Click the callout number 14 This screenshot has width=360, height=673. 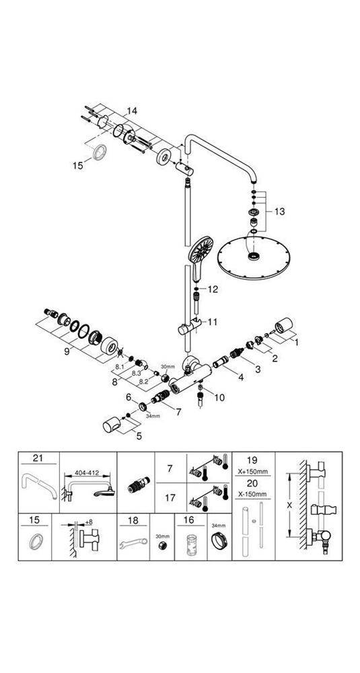coord(132,111)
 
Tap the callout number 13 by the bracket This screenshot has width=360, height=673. coord(279,211)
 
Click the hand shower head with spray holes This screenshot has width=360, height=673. coord(200,251)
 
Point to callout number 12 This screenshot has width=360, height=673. coord(213,289)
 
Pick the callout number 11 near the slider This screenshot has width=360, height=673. coord(213,322)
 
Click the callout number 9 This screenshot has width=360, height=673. coord(67,351)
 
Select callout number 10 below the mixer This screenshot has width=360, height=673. coord(219,398)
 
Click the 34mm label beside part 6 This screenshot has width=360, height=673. coord(153,416)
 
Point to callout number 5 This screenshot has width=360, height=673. coord(139,436)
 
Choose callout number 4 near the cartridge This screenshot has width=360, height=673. coord(241,378)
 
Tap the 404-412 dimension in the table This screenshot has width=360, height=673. coord(87,473)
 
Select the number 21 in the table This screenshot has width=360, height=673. coord(38,458)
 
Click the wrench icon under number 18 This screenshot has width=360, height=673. coord(133,544)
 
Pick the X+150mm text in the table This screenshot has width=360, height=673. coord(252,472)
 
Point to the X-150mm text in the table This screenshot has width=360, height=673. coord(252,495)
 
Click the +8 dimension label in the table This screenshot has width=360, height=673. coord(89,522)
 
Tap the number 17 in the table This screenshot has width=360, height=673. coord(170,499)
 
